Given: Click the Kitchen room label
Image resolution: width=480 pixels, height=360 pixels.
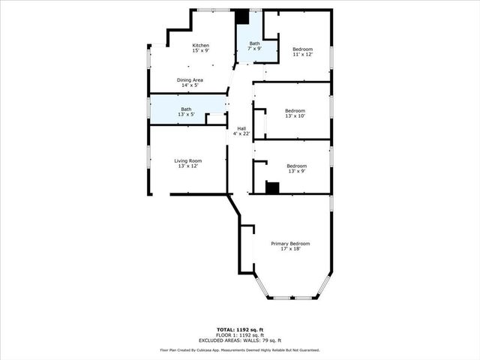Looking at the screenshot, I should (x=200, y=46).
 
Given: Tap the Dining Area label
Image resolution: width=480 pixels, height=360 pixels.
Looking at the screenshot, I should (x=190, y=79).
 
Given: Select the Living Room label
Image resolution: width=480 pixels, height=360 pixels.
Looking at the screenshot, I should (x=188, y=160).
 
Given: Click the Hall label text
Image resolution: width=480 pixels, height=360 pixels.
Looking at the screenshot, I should (x=241, y=128).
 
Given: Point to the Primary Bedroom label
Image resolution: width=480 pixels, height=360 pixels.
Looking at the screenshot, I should (x=290, y=244).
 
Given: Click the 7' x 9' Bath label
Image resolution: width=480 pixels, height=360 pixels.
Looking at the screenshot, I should (x=255, y=43).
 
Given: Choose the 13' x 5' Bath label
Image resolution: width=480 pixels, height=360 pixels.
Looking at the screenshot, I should (x=186, y=109).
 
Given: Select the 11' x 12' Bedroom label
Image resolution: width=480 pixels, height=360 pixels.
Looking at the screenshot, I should (x=302, y=49).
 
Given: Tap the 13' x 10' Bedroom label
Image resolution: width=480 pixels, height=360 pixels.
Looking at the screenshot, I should (x=295, y=110).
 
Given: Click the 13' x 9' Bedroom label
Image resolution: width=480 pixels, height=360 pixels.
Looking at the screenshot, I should (x=296, y=166).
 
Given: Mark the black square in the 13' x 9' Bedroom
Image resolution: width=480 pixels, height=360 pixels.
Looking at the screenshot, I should (x=273, y=187).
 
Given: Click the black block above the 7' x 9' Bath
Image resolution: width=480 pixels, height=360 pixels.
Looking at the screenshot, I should (x=241, y=17).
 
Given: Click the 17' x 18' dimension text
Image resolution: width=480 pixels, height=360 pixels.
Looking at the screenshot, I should (x=290, y=249).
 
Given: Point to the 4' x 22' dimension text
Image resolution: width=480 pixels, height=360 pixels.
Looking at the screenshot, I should (x=241, y=134).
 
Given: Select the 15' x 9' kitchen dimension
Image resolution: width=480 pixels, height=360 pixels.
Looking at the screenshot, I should (x=200, y=51).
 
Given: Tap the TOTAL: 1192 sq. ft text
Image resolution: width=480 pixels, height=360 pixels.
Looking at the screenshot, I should (x=240, y=329).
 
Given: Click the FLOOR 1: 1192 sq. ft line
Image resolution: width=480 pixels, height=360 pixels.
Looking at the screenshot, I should (x=240, y=334).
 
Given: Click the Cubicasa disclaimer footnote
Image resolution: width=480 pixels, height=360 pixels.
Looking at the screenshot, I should (x=240, y=350).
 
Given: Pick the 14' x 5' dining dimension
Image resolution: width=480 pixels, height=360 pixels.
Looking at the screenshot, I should (x=190, y=85).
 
